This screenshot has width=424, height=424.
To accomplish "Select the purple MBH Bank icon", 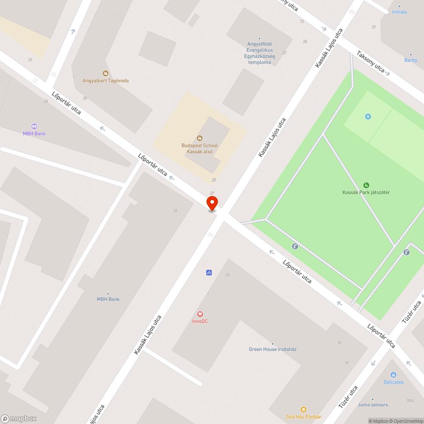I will pos(34,126).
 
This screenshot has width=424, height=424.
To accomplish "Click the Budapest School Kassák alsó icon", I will pos(200,138).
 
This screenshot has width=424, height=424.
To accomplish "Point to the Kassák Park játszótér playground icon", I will pos(366,185).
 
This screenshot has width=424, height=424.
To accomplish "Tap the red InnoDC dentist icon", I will pos(200,314).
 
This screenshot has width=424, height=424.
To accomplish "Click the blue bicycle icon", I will pos(209,272).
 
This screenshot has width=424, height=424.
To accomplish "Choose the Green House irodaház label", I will pos(273,349).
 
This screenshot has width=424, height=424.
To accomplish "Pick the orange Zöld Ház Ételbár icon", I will pos(304,409).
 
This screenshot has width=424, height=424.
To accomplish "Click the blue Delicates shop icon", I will pos(393,374).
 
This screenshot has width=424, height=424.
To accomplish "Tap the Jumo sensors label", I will pos(373,405).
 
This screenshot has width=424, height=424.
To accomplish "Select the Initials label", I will pos(399,12).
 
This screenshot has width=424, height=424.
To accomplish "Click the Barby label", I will pos(410,60).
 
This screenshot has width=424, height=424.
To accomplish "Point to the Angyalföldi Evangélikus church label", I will pos(260,53).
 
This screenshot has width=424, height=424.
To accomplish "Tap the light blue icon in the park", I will pos(368,117).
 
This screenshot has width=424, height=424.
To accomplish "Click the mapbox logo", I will pos(19,418).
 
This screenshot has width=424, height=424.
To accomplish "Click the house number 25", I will pos(228,275).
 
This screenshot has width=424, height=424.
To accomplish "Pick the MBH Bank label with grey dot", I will pos(108,299).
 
